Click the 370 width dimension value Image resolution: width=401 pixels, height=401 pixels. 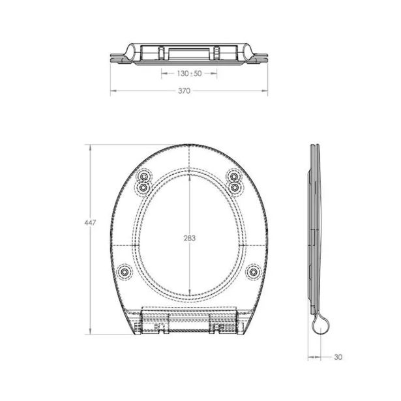[184, 91]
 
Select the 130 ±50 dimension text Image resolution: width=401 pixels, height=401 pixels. [189, 74]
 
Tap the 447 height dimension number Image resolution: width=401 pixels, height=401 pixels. [90, 223]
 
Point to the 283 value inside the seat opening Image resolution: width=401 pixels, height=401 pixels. [190, 238]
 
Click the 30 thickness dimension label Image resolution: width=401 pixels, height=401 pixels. [338, 357]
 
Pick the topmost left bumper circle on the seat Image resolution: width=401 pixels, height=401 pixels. [144, 177]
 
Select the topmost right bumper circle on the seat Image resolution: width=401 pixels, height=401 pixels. [233, 176]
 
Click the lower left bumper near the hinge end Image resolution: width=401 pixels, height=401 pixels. [125, 272]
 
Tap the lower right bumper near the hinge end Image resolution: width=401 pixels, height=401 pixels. [253, 272]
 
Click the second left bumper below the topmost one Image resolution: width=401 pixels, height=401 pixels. [143, 188]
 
